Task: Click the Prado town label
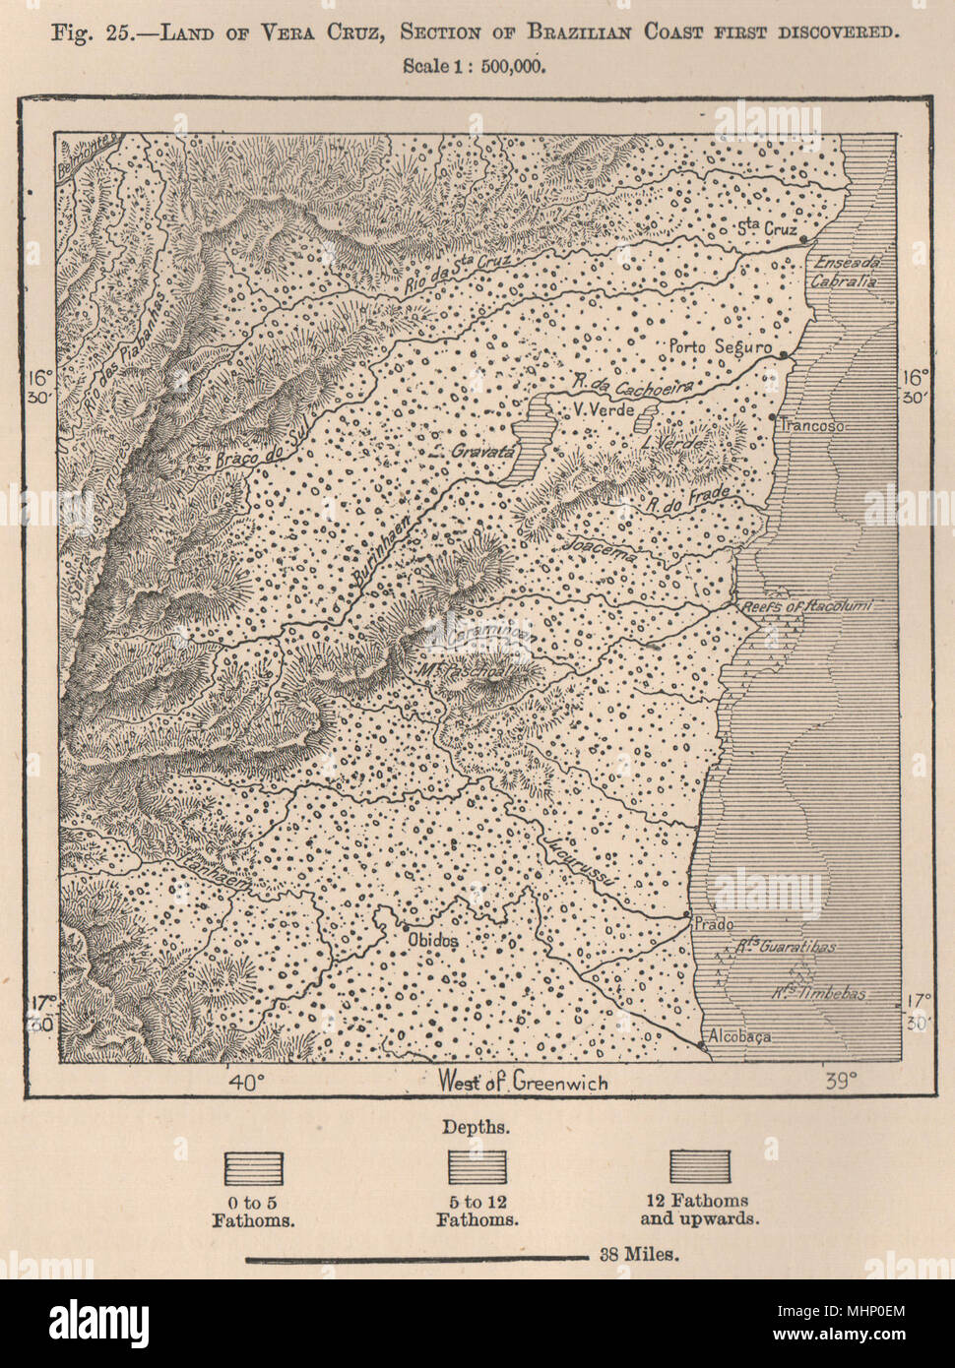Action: [712, 923]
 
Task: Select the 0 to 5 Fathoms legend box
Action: [256, 1168]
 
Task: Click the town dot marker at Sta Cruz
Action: [803, 239]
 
